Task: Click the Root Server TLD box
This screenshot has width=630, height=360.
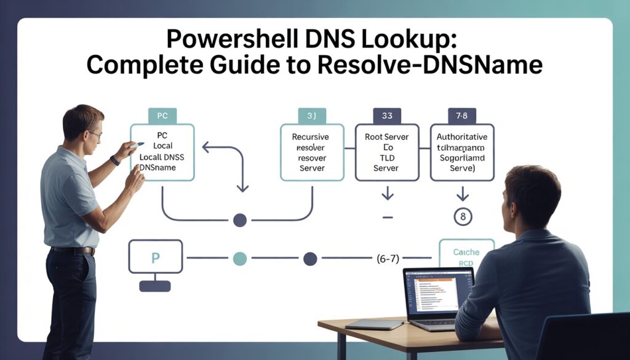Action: [x=386, y=152]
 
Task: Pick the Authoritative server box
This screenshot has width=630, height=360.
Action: [x=461, y=152]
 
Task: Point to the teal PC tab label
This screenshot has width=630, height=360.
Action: [x=162, y=115]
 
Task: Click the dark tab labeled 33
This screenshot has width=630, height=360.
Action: [x=387, y=115]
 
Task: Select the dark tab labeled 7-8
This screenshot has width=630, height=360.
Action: [x=461, y=115]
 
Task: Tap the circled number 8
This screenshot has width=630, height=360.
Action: [x=462, y=217]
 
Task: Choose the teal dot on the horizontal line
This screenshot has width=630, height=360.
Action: [x=239, y=258]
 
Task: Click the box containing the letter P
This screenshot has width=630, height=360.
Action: [x=155, y=257]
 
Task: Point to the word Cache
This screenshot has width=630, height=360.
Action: [x=466, y=252]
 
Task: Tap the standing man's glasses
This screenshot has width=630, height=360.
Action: [x=95, y=134]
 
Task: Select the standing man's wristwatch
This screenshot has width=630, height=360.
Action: [x=115, y=161]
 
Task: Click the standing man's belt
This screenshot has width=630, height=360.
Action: [x=73, y=250]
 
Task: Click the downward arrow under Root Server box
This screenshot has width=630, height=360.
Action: [x=387, y=194]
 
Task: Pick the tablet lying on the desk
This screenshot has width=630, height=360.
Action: [x=365, y=324]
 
